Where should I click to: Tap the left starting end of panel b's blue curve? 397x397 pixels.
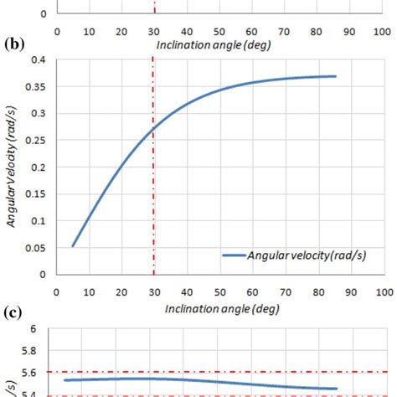[73, 246]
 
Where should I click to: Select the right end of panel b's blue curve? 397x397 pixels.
[335, 76]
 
